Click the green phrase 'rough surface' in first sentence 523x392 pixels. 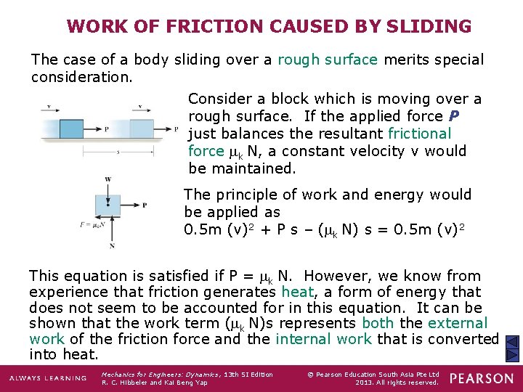(x=328, y=60)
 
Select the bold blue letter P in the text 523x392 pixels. (x=454, y=116)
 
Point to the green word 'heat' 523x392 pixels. (x=297, y=292)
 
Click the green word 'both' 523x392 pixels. (x=377, y=323)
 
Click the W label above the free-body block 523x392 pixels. (x=108, y=179)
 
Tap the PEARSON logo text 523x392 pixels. (x=480, y=379)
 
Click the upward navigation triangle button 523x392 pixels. (x=511, y=343)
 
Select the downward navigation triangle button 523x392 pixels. (x=511, y=356)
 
